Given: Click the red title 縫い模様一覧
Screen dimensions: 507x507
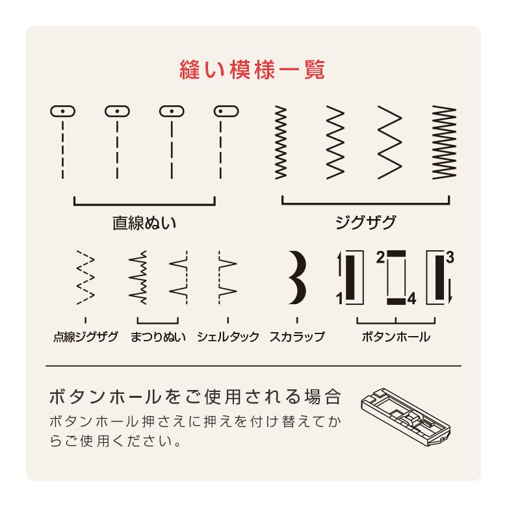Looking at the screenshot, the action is click(252, 70).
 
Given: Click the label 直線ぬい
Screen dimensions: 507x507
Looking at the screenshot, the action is click(144, 223).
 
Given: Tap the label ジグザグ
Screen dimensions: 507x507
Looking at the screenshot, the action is click(365, 222).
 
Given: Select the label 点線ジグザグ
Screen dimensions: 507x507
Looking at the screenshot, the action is click(86, 337).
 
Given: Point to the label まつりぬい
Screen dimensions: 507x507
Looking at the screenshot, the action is click(158, 337).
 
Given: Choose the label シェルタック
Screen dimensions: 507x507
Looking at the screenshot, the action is click(228, 337).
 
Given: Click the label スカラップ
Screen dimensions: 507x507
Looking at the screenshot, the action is click(297, 337).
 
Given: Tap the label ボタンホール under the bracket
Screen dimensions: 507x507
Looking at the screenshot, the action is click(396, 337).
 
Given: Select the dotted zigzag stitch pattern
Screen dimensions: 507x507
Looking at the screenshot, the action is click(86, 278).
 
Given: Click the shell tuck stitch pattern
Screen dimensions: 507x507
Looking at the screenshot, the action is click(227, 278).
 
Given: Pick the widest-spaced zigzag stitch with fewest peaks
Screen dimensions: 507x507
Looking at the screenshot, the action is click(389, 142).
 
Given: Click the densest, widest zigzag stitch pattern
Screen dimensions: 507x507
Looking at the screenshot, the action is click(444, 142).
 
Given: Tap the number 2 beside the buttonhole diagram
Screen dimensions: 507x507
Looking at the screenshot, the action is click(380, 257).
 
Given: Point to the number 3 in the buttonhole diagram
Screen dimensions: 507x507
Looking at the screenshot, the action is click(450, 257).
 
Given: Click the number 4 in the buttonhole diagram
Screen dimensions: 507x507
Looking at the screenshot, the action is click(411, 299).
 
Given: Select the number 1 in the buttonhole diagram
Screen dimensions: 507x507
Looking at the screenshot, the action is click(339, 299).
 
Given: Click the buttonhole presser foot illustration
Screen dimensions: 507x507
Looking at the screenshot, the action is click(406, 417).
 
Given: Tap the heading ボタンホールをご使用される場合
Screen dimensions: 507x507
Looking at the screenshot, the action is click(195, 396).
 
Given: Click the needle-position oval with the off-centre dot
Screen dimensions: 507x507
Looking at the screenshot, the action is click(226, 111).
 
